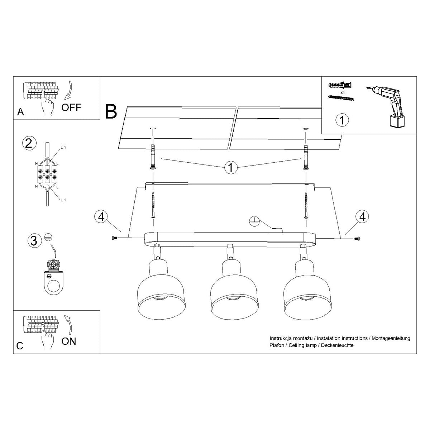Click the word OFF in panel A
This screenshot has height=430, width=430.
(71, 107)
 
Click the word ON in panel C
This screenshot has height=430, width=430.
(69, 341)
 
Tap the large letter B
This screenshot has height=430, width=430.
(111, 111)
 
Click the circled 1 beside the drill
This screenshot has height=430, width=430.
(342, 120)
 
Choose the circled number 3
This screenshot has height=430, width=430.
(34, 241)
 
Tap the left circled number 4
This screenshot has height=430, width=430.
(102, 217)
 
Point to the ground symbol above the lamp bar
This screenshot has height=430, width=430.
(254, 222)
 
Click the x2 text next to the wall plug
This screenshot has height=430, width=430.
(343, 92)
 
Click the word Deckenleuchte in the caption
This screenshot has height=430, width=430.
(337, 345)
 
